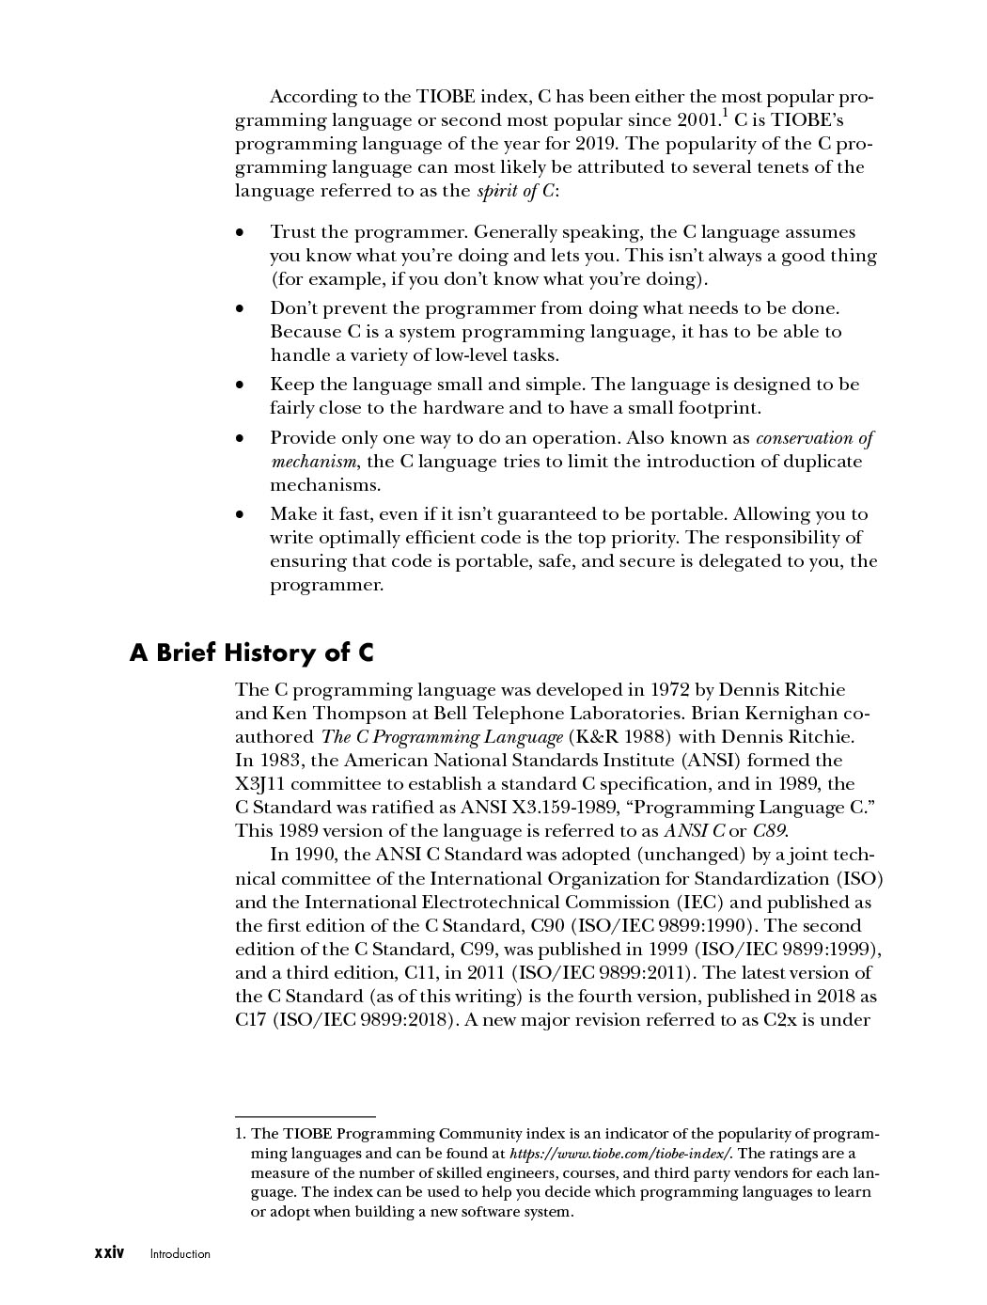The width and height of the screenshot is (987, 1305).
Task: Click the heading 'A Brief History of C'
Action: coord(252,652)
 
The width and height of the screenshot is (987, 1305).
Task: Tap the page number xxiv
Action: coord(109,1253)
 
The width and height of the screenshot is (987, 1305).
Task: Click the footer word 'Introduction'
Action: coord(180,1254)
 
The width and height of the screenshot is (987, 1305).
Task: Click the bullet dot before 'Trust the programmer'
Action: coord(242,232)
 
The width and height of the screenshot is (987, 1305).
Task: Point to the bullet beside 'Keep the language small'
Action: coord(242,385)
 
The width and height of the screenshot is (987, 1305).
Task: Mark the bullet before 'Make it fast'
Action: coord(242,514)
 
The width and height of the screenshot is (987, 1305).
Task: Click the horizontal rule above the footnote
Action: coord(305,1116)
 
